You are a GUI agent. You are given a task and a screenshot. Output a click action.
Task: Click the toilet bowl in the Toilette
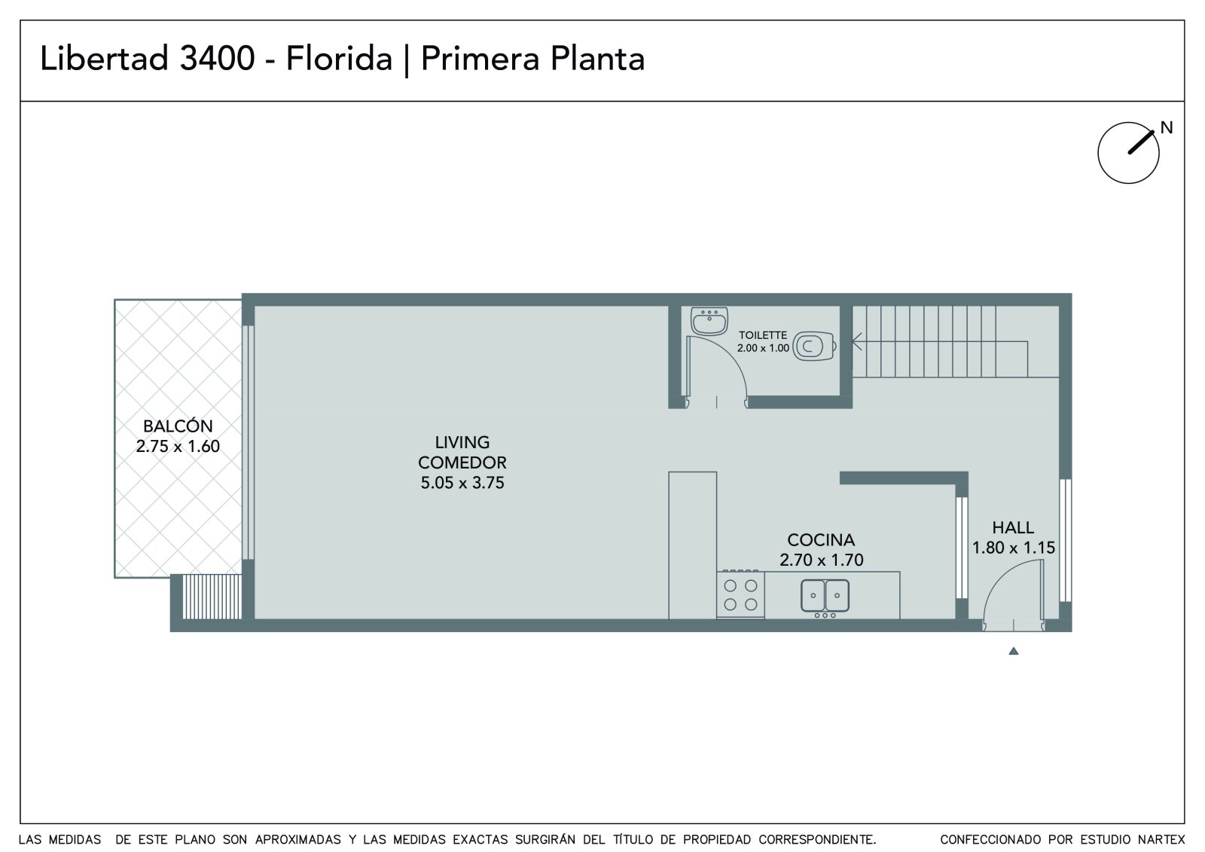point(814,346)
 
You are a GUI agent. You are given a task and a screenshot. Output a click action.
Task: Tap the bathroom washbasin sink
point(709,322)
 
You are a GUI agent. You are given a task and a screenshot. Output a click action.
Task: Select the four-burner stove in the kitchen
point(740,594)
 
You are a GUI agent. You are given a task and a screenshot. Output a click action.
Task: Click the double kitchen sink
point(825,596)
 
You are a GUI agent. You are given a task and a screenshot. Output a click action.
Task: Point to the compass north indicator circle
point(1128,153)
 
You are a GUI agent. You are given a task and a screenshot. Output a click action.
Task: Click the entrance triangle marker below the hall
point(1014,652)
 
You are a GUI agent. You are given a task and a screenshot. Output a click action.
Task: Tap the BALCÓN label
point(178,426)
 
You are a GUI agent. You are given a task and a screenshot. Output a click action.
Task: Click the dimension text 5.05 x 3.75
point(462,483)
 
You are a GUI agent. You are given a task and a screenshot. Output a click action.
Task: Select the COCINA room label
point(821,540)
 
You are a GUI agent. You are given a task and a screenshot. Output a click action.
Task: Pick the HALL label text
point(1013,527)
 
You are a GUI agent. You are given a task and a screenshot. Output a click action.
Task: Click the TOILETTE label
point(763,335)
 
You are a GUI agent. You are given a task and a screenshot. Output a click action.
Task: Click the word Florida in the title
point(339,59)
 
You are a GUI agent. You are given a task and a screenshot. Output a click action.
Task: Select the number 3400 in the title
point(217,59)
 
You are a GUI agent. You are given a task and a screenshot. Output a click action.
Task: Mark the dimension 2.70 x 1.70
point(822,560)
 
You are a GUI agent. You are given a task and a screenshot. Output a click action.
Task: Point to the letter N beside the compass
point(1167,127)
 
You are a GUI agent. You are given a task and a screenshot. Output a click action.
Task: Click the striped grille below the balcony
point(212,597)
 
